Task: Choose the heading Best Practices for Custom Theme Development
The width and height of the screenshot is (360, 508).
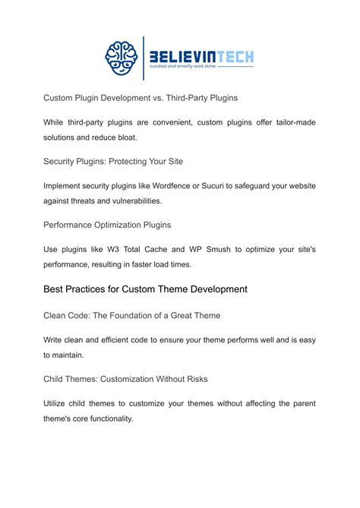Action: pyautogui.click(x=145, y=289)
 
